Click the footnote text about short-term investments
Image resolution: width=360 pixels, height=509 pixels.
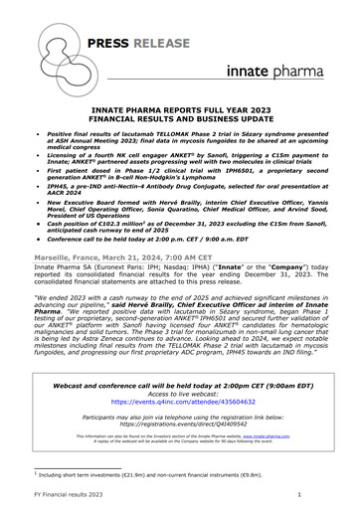pos(129,476)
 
